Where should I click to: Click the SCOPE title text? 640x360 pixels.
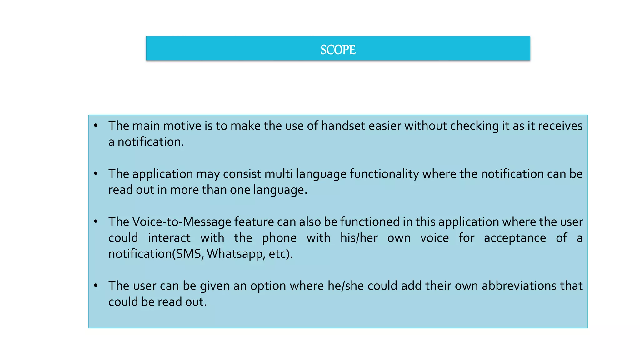[x=338, y=50]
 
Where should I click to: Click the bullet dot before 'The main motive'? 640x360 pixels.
[x=96, y=126]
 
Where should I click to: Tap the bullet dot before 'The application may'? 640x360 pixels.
[x=96, y=173]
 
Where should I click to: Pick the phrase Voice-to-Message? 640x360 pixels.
[x=182, y=222]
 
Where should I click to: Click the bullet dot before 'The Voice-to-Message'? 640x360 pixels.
[x=96, y=222]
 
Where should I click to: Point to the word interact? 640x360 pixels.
[x=169, y=238]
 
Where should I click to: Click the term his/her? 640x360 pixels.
[x=359, y=238]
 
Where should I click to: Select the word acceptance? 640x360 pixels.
[x=515, y=238]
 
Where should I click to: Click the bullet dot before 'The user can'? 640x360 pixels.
[x=96, y=285]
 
